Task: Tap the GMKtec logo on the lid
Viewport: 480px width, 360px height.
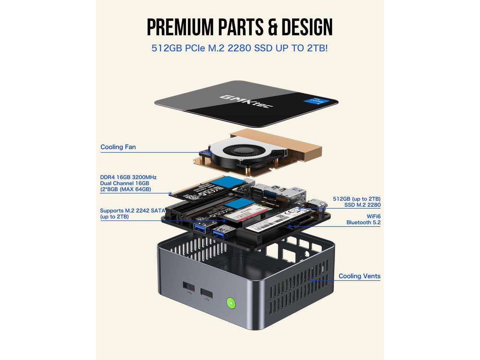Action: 246,101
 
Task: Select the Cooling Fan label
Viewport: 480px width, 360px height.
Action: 118,147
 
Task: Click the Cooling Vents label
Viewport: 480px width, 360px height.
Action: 359,276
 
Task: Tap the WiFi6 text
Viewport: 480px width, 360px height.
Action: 373,216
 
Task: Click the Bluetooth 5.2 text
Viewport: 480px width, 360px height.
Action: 363,222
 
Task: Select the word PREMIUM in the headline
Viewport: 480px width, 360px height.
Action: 180,27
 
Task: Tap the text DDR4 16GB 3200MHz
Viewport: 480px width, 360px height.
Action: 128,177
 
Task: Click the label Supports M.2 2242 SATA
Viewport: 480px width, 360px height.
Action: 132,211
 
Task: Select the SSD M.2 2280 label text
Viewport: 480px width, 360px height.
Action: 362,205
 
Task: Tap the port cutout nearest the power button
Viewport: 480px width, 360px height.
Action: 206,293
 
